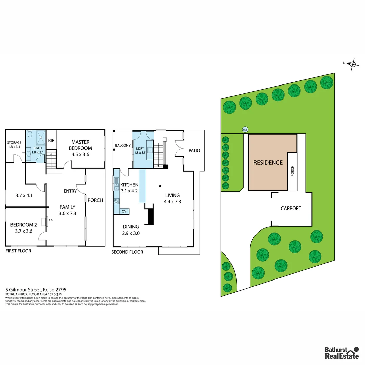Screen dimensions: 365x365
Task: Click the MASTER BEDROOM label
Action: point(80,145)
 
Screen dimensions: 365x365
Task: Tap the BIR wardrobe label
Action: point(51,140)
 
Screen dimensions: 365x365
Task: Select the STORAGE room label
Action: point(15,143)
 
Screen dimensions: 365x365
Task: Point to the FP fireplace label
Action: point(50,220)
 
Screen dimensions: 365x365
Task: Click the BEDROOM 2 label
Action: point(24,225)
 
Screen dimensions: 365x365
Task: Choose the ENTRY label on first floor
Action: point(70,191)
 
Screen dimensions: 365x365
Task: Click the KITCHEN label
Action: point(129,185)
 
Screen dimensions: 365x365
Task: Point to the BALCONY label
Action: point(123,145)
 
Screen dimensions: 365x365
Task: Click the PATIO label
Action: point(194,150)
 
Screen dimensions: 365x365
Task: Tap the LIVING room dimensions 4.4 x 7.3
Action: point(172,202)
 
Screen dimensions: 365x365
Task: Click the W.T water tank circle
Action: point(245,129)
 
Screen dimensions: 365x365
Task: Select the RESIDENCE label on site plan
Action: point(268,162)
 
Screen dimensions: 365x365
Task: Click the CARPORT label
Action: point(291,208)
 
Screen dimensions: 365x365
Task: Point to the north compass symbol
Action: point(352,64)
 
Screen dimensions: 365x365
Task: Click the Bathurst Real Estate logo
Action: point(342,352)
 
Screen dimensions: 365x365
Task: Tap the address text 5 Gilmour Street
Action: point(36,290)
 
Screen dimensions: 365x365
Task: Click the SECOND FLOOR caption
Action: point(127,252)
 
